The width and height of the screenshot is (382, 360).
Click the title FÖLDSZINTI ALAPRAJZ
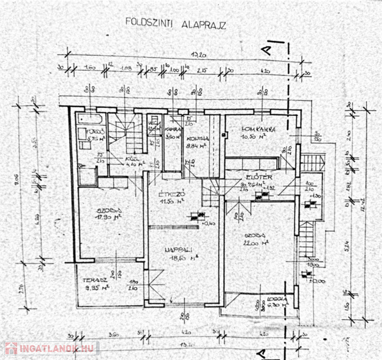coord(175,23)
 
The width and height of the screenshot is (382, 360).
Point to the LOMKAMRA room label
coord(258,129)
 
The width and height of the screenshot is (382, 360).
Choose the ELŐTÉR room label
coord(257,178)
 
